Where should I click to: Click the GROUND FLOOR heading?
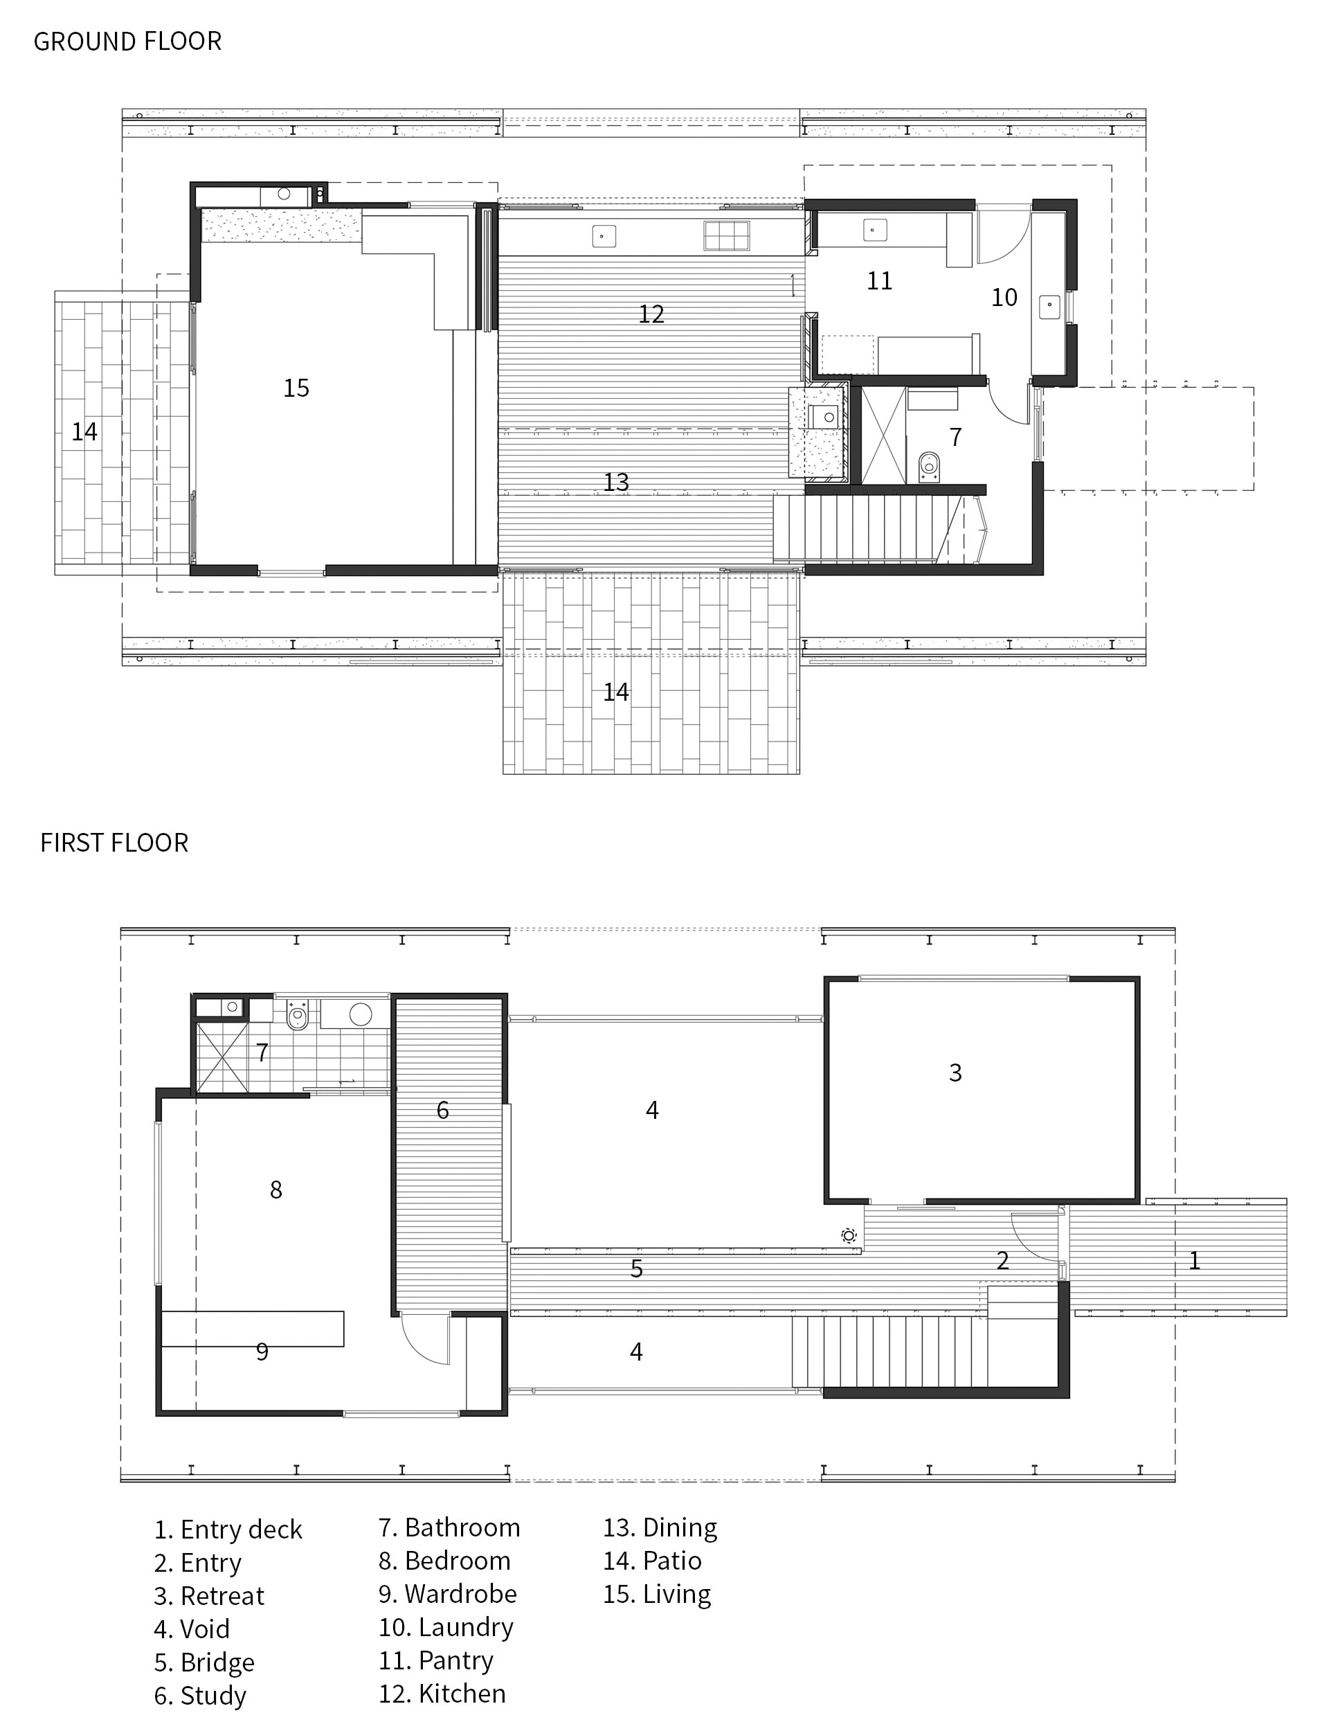coord(127,41)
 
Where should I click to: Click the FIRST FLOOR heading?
coord(115,843)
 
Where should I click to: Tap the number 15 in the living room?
coord(297,388)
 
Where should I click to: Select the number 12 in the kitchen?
coord(651,314)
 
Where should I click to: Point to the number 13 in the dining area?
coord(616,482)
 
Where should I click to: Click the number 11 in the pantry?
coord(880,281)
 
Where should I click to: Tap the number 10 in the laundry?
coord(1004,298)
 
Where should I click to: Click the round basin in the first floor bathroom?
coord(361,1014)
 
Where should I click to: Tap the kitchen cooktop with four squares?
coord(727,235)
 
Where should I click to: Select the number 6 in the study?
coord(443,1110)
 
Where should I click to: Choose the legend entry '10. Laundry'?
coord(446,1626)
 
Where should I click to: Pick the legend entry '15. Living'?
coord(658,1594)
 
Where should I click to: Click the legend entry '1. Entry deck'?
coord(228,1530)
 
